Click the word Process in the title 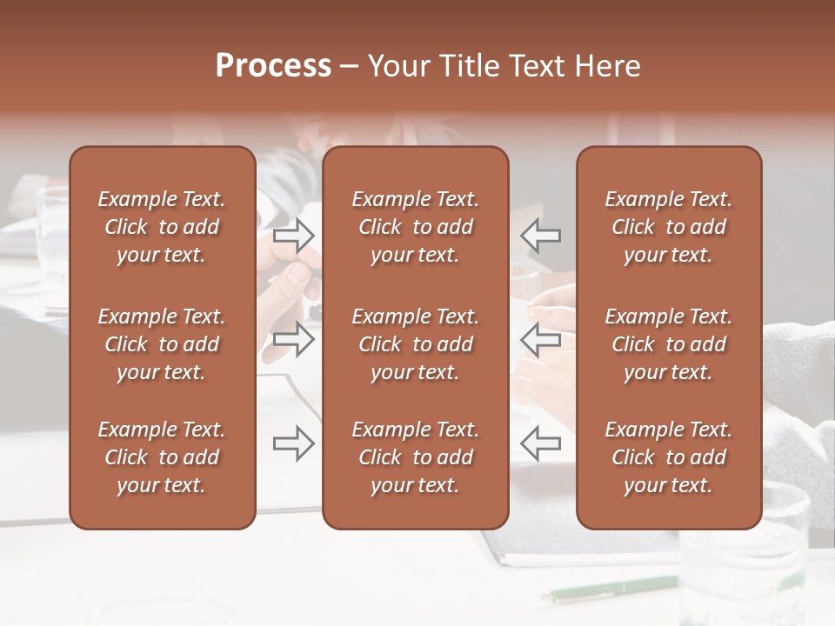pyautogui.click(x=273, y=66)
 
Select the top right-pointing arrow pyautogui.click(x=294, y=235)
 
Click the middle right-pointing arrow pyautogui.click(x=294, y=339)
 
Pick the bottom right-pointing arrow pyautogui.click(x=294, y=443)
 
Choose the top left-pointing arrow pyautogui.click(x=540, y=235)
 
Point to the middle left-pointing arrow pyautogui.click(x=540, y=339)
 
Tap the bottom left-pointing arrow pyautogui.click(x=540, y=443)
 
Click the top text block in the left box pyautogui.click(x=162, y=227)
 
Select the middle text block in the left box pyautogui.click(x=162, y=344)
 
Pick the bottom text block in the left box pyautogui.click(x=162, y=457)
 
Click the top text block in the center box pyautogui.click(x=416, y=227)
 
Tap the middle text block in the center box pyautogui.click(x=416, y=344)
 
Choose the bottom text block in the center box pyautogui.click(x=416, y=457)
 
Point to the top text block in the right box pyautogui.click(x=669, y=227)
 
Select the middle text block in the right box pyautogui.click(x=669, y=344)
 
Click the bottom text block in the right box pyautogui.click(x=669, y=457)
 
